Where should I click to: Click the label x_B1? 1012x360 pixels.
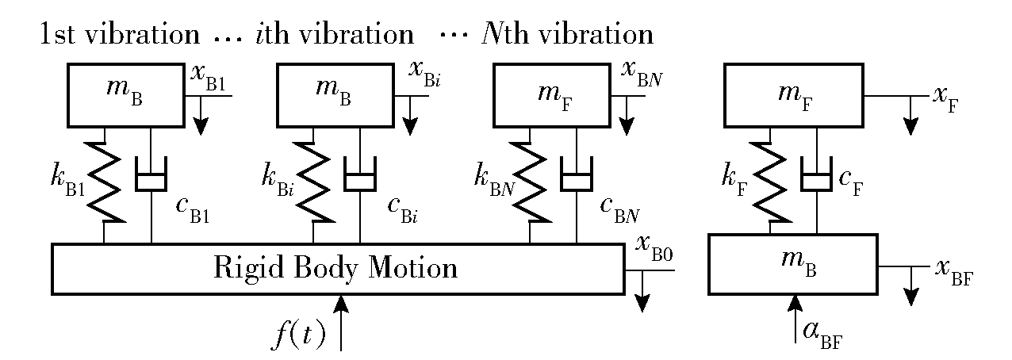click(208, 77)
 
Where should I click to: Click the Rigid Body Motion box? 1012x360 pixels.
click(338, 270)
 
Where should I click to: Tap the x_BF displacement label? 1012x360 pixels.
click(954, 274)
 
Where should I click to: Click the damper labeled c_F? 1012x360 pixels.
click(816, 181)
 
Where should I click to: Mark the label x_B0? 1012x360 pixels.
click(654, 249)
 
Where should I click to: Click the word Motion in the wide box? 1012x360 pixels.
click(413, 267)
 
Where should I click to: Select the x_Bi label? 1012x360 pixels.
click(424, 74)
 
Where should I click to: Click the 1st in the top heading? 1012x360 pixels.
click(57, 34)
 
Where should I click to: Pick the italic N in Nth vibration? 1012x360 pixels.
click(493, 34)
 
